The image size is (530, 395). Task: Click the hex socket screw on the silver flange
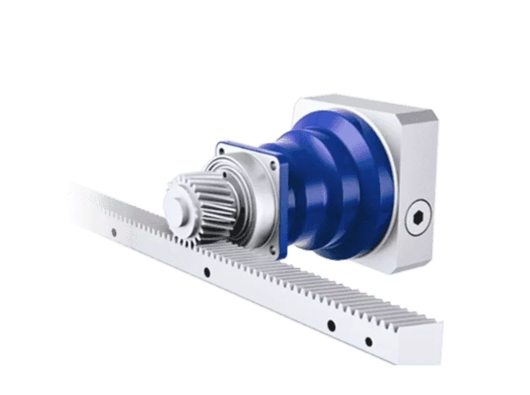(419, 218)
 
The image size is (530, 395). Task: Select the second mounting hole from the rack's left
(207, 273)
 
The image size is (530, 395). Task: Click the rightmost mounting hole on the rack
(369, 341)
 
